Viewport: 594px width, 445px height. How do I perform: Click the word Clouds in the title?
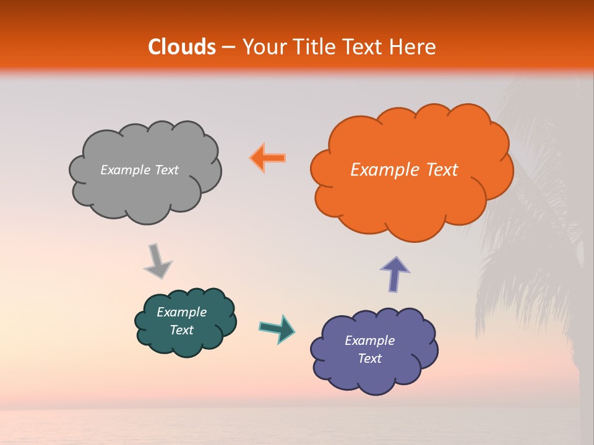point(181,47)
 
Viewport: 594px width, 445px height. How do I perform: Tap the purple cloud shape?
point(374,377)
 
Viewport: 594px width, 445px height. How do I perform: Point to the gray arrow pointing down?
point(157,261)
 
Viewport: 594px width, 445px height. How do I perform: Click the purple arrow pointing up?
point(395,273)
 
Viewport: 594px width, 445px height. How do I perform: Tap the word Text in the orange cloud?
point(442,170)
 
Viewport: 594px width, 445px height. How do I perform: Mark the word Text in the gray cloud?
point(166,170)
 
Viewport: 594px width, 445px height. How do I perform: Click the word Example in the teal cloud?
point(181,312)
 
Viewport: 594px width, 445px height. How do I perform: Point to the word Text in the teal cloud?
point(181,330)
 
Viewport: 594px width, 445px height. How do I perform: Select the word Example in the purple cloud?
point(369,341)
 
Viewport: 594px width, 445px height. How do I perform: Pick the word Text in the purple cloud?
point(369,358)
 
